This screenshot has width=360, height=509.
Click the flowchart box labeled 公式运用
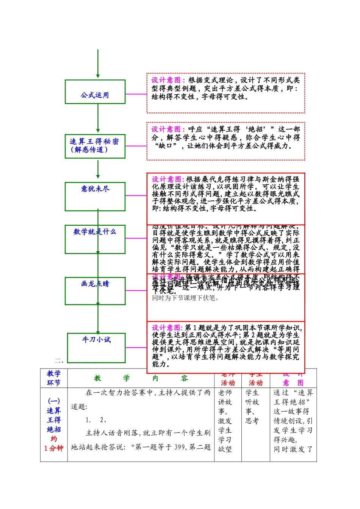point(95,92)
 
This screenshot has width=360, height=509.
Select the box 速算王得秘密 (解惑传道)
point(95,146)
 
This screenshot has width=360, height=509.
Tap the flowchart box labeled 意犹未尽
point(95,197)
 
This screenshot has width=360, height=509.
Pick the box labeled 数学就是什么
point(95,239)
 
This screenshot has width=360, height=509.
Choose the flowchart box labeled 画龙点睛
point(95,291)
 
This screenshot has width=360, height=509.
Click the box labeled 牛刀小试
point(97,347)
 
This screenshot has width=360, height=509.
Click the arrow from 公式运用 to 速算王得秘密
point(98,118)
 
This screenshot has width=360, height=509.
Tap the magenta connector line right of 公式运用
point(136,94)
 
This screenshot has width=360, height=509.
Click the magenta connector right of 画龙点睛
point(136,290)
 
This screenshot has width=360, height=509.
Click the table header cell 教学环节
point(54,378)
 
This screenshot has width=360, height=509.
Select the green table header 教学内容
point(141,378)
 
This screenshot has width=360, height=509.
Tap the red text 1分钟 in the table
point(54,448)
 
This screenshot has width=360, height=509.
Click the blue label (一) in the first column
point(54,401)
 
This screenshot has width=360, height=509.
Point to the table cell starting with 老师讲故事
point(228,420)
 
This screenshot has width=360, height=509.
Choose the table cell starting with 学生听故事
point(255,406)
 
